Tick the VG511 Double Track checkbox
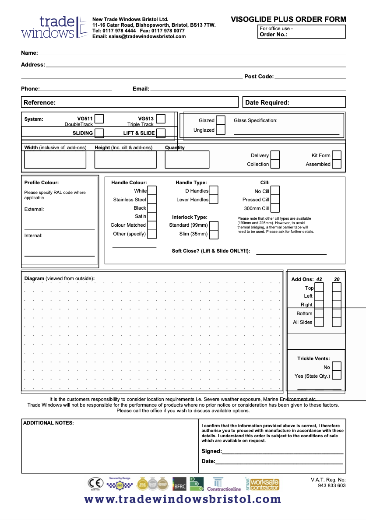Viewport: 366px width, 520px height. (x=99, y=119)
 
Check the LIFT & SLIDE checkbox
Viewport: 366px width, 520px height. (x=161, y=133)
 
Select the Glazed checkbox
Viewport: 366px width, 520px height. (x=221, y=120)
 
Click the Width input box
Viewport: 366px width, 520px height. (x=55, y=159)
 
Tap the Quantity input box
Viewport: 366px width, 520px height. (x=187, y=159)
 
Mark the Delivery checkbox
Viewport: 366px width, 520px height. (x=275, y=155)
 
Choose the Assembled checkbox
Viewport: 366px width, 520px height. (x=337, y=164)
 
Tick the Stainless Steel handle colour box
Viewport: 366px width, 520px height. (x=152, y=200)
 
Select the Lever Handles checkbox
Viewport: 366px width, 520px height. (x=214, y=200)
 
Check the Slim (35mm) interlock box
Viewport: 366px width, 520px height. (x=214, y=234)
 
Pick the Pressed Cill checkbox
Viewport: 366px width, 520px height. (x=275, y=200)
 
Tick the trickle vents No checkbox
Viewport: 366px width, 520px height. (x=337, y=367)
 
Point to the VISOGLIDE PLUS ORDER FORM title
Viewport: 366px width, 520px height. (x=288, y=19)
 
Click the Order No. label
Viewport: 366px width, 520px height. (x=274, y=35)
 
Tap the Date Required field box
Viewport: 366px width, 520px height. (x=294, y=102)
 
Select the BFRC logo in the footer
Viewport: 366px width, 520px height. (x=179, y=483)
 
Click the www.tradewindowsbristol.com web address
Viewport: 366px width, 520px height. (x=183, y=499)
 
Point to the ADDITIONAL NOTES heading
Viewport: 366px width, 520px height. (x=49, y=423)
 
